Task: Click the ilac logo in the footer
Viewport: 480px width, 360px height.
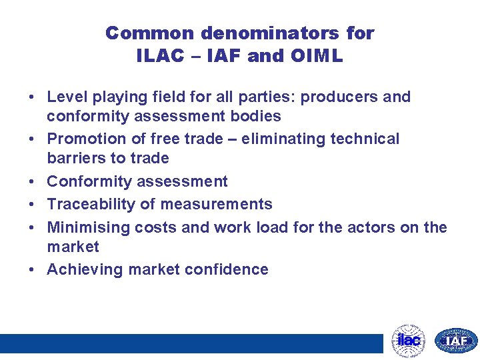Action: coord(408,341)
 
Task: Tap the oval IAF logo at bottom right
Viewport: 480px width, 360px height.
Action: coord(456,341)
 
